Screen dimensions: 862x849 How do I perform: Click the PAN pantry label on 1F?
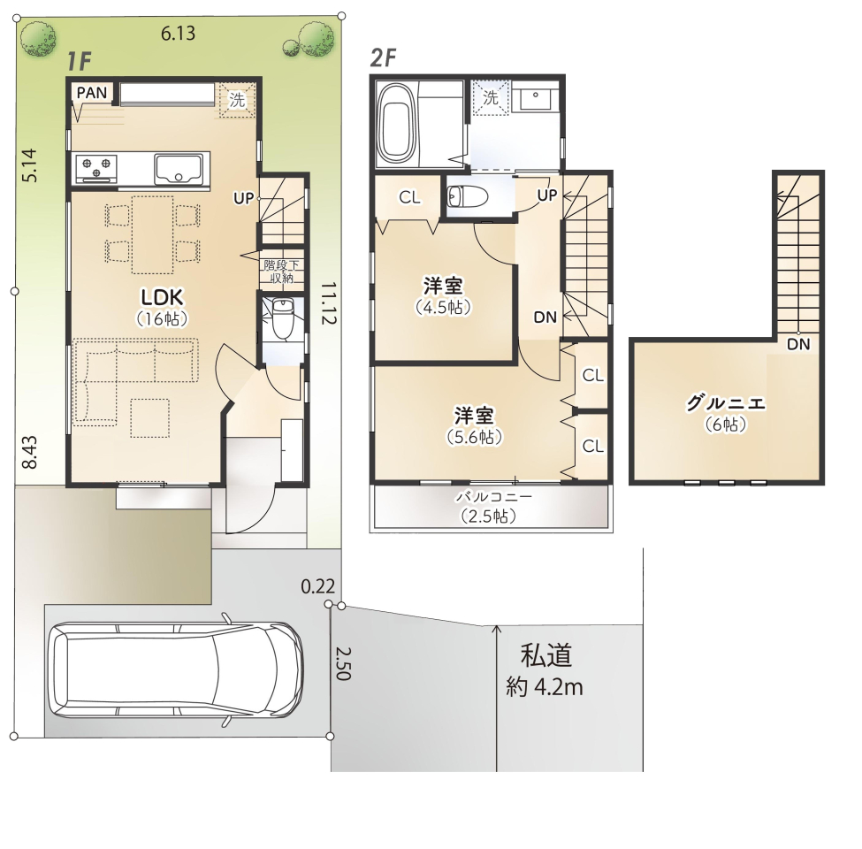[92, 92]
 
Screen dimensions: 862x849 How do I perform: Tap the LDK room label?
[162, 297]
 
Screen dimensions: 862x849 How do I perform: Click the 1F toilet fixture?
[283, 319]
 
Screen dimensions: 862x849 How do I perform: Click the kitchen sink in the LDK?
[179, 170]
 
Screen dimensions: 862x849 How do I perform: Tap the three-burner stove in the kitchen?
[96, 168]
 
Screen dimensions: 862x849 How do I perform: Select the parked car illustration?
[175, 669]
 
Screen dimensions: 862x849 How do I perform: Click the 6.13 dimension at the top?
[178, 34]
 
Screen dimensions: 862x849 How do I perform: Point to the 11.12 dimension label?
[328, 303]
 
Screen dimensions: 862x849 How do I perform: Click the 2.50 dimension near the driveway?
[343, 663]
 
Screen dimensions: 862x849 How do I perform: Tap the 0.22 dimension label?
[317, 586]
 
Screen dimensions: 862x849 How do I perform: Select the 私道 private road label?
[546, 655]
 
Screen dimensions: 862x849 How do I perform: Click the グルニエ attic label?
[726, 403]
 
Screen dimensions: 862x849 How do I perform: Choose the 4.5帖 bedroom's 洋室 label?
[443, 287]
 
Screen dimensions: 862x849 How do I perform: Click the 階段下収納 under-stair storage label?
[281, 272]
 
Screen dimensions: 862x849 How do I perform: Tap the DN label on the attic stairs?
[798, 344]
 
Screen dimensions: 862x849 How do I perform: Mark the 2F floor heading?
[384, 57]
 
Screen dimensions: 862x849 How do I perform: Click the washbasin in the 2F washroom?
[535, 97]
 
